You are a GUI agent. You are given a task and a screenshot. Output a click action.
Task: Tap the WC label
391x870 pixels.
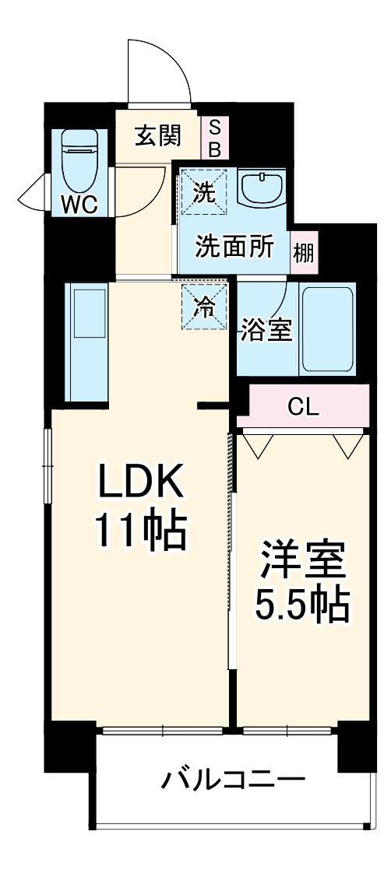pos(79,205)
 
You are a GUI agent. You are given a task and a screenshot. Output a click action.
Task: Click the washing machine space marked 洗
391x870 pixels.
pos(203,191)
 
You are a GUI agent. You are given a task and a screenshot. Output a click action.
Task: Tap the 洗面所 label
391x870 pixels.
pos(234,247)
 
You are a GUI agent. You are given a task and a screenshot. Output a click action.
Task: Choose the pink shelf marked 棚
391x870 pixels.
pos(304,252)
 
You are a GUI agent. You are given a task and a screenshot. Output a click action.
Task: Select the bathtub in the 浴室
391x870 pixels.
pos(327,330)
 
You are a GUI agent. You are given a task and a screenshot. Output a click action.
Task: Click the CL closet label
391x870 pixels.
pos(304,409)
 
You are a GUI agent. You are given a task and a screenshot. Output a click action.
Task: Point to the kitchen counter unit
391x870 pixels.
pos(86,342)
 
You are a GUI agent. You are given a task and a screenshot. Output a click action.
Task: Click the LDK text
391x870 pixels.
pos(141,480)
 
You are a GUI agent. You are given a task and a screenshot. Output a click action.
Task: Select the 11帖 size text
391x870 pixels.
pos(141,531)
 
